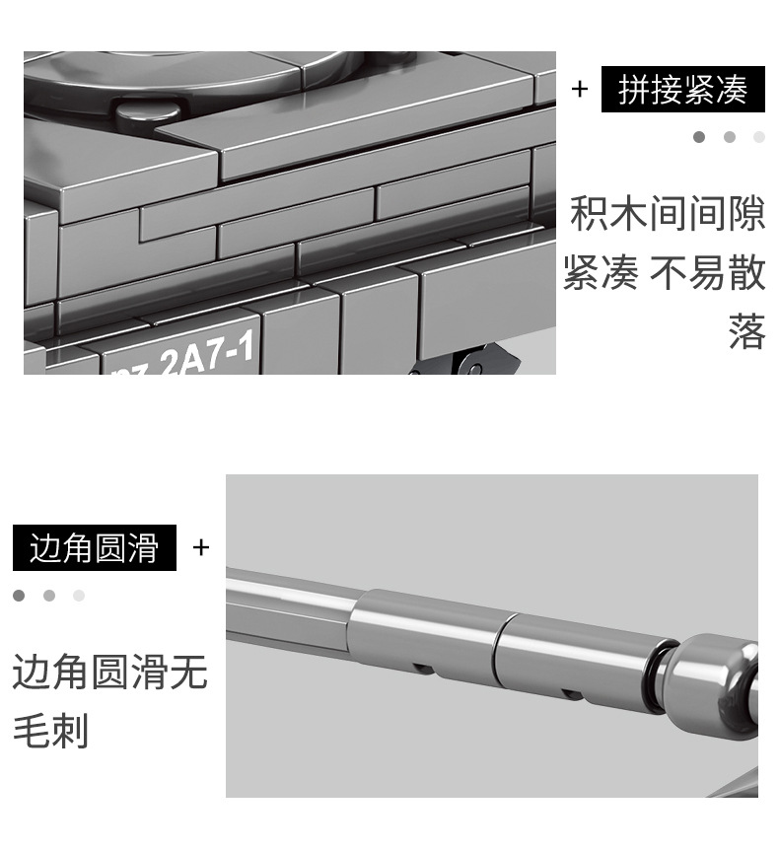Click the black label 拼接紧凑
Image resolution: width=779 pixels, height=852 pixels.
coord(682,89)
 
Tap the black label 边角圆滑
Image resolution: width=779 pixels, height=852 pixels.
coord(95,547)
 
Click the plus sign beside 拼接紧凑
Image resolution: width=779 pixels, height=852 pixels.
coord(580,89)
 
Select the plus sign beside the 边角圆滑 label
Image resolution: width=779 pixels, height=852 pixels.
coord(201,547)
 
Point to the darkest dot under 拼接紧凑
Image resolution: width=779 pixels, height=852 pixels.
coord(699,137)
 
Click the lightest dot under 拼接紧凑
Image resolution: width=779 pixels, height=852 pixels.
coord(759,137)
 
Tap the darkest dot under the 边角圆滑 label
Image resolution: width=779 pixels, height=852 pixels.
coord(19,596)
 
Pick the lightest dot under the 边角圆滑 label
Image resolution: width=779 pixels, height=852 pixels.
coord(79,596)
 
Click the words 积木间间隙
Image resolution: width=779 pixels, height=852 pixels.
coord(668,214)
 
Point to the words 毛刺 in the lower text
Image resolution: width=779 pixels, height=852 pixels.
coord(50,730)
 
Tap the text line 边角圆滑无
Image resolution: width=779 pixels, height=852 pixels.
coord(110,672)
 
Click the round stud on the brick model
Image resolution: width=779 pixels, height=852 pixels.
coord(148,112)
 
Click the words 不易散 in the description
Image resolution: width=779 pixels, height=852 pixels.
coord(708,273)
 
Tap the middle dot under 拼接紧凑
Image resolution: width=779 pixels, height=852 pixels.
coord(730,137)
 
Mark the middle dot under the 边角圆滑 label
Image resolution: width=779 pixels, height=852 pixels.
coord(49,596)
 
